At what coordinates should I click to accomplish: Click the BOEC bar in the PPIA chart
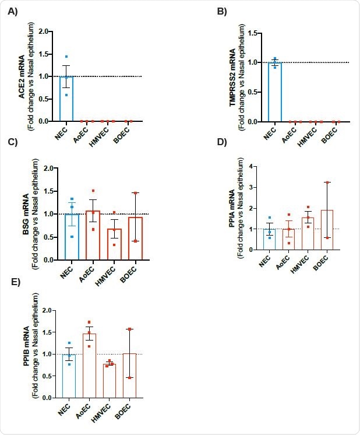pos(327,230)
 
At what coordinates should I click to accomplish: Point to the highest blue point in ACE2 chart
pos(67,57)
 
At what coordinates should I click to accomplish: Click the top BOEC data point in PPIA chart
pos(327,183)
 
